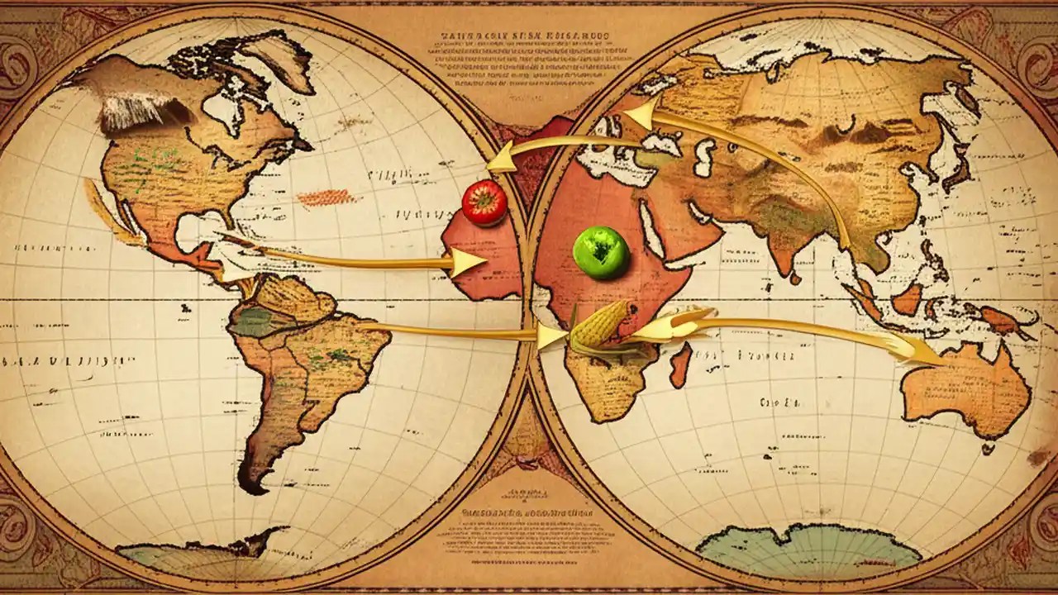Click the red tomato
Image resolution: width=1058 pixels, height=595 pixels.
pyautogui.click(x=484, y=202)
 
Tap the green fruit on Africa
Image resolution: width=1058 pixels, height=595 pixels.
pyautogui.click(x=601, y=252)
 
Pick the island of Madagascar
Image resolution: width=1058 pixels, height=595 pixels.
pyautogui.click(x=680, y=365)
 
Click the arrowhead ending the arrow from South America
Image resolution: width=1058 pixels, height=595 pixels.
pyautogui.click(x=550, y=336)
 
